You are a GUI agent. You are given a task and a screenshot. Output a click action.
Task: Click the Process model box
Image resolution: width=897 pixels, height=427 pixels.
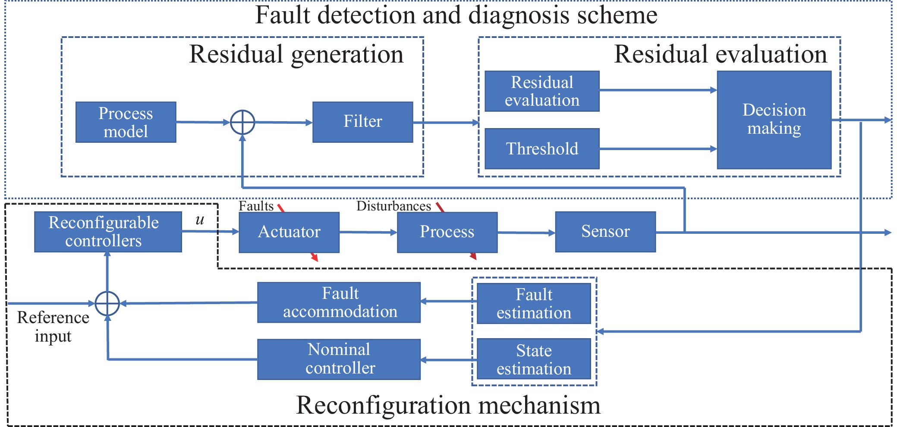coord(126,122)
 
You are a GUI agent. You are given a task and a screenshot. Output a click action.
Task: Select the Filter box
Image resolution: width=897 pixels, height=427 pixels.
coord(362,122)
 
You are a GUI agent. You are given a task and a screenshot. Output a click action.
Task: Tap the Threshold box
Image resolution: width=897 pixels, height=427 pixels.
coord(542,149)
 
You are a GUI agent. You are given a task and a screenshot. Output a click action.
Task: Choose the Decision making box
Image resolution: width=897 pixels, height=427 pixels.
coord(774,119)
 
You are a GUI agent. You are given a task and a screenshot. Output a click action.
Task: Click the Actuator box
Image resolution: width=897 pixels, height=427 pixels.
coord(289,232)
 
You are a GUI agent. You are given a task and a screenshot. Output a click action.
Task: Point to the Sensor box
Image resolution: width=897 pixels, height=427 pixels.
coord(605,232)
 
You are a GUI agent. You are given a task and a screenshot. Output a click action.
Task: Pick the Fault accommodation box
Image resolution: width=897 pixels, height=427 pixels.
coord(339,302)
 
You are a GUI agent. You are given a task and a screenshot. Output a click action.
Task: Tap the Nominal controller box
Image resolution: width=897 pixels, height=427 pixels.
coord(339,359)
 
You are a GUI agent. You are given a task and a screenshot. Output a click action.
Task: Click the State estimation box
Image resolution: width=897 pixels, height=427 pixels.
coord(534,359)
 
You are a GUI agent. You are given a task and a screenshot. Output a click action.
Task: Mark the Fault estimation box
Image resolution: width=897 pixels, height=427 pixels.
coord(534,303)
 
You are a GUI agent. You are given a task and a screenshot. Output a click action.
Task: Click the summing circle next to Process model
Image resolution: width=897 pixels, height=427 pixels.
coord(242,122)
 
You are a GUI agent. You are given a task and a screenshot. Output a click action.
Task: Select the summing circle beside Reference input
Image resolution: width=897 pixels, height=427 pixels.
coord(107,303)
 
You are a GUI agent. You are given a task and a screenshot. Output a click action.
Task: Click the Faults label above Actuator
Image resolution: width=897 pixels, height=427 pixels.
coord(256,206)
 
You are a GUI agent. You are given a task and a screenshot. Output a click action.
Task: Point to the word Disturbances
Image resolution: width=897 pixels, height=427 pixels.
coord(393,206)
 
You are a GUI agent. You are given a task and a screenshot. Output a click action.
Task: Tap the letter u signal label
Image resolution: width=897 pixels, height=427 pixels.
coord(199,220)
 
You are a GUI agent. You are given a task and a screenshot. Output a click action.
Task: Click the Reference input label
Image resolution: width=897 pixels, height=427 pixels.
coord(53,327)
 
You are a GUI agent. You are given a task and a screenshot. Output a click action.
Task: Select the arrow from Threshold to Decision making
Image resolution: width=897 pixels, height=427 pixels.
coord(658,149)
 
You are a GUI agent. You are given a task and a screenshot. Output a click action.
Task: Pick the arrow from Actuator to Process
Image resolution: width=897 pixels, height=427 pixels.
coord(368,232)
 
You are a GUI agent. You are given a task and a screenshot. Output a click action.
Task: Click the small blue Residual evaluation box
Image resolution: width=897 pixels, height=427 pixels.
coord(542,91)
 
